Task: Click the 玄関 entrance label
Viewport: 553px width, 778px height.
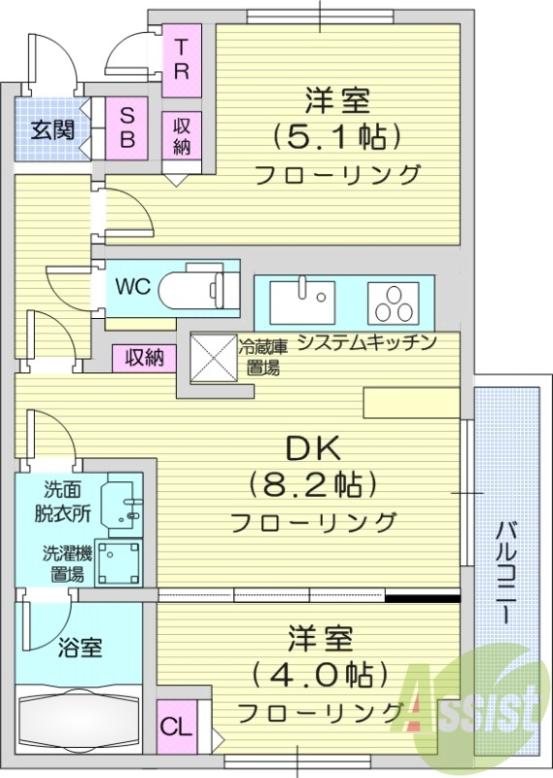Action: click(x=52, y=130)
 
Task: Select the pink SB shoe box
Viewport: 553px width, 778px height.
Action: click(x=127, y=127)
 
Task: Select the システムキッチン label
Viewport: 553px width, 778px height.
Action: click(x=364, y=342)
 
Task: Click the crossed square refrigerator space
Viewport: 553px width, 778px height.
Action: click(x=213, y=357)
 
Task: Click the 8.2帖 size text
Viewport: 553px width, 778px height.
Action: click(x=312, y=483)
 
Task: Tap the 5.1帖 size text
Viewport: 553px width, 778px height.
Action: click(x=337, y=136)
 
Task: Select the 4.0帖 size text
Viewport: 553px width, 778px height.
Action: click(x=320, y=673)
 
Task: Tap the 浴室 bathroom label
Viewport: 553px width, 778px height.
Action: click(x=80, y=647)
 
